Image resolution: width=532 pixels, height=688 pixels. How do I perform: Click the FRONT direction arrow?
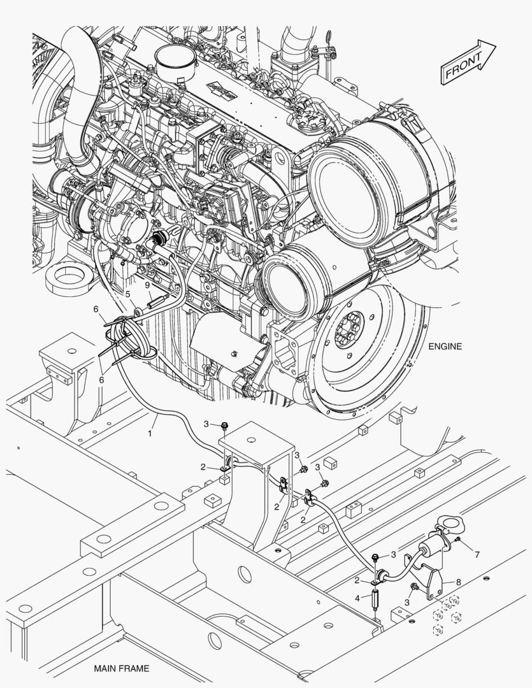click(x=468, y=61)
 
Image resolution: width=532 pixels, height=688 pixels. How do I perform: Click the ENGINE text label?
click(x=445, y=347)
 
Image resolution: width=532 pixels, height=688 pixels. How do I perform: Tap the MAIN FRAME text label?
click(x=122, y=669)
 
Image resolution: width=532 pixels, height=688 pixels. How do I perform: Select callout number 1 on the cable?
click(x=150, y=434)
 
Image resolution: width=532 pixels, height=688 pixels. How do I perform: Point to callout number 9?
click(x=148, y=285)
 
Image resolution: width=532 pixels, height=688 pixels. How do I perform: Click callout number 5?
click(x=128, y=294)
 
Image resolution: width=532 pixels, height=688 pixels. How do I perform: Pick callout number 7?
click(x=477, y=555)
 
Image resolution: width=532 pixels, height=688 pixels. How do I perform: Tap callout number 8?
click(x=458, y=582)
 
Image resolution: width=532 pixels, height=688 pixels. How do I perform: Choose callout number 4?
click(x=357, y=598)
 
